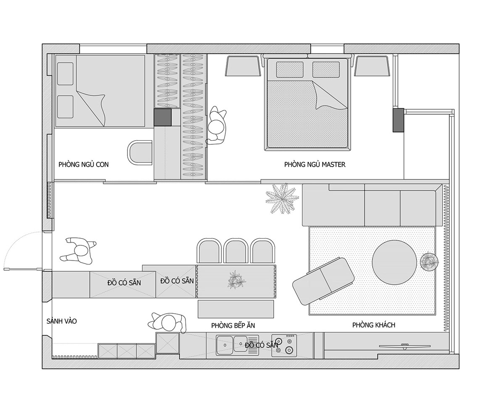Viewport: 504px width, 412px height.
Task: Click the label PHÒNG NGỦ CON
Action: (84, 165)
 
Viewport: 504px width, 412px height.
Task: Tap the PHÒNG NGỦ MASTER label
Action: (315, 165)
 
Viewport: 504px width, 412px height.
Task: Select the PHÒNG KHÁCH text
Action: (373, 325)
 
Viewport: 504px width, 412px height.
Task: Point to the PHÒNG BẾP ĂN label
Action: (233, 325)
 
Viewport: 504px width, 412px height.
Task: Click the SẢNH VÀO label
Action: (62, 321)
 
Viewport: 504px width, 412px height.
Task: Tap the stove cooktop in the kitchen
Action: (284, 346)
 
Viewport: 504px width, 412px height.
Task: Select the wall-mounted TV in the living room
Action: (404, 346)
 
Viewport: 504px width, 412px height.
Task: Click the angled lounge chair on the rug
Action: (323, 281)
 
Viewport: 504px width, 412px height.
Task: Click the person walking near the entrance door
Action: (78, 250)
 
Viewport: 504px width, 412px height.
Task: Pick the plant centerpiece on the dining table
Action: (236, 280)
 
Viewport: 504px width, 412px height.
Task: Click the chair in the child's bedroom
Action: (140, 152)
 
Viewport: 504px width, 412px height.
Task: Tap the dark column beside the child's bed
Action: (163, 117)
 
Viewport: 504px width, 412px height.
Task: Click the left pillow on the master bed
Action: (290, 70)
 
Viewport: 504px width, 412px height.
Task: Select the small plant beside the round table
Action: (429, 262)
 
